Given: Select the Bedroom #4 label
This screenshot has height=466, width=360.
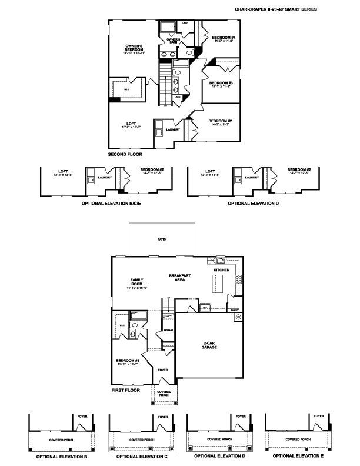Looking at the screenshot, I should pyautogui.click(x=223, y=39).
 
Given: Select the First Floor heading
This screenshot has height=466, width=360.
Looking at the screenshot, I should pyautogui.click(x=126, y=390).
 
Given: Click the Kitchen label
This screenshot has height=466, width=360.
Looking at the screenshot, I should pyautogui.click(x=221, y=270).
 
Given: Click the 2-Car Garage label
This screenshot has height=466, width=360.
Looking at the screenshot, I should pyautogui.click(x=209, y=345).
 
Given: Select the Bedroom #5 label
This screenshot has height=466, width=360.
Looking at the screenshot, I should pyautogui.click(x=126, y=362).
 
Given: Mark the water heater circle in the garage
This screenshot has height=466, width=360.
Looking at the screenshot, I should pyautogui.click(x=238, y=317).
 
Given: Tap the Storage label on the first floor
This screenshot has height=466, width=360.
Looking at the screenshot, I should pyautogui.click(x=161, y=332).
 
